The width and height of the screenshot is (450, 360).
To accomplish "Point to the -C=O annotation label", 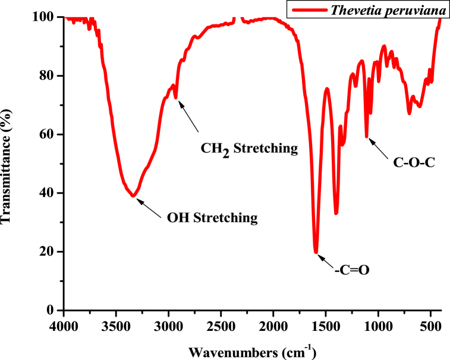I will (x=352, y=270).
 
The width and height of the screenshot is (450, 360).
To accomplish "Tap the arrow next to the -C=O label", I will (x=326, y=261).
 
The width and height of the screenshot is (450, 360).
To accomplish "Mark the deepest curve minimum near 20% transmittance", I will (x=316, y=252).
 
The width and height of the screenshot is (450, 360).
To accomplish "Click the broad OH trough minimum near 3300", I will (x=134, y=195).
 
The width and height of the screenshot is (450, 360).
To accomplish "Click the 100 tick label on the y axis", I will (x=46, y=17).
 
